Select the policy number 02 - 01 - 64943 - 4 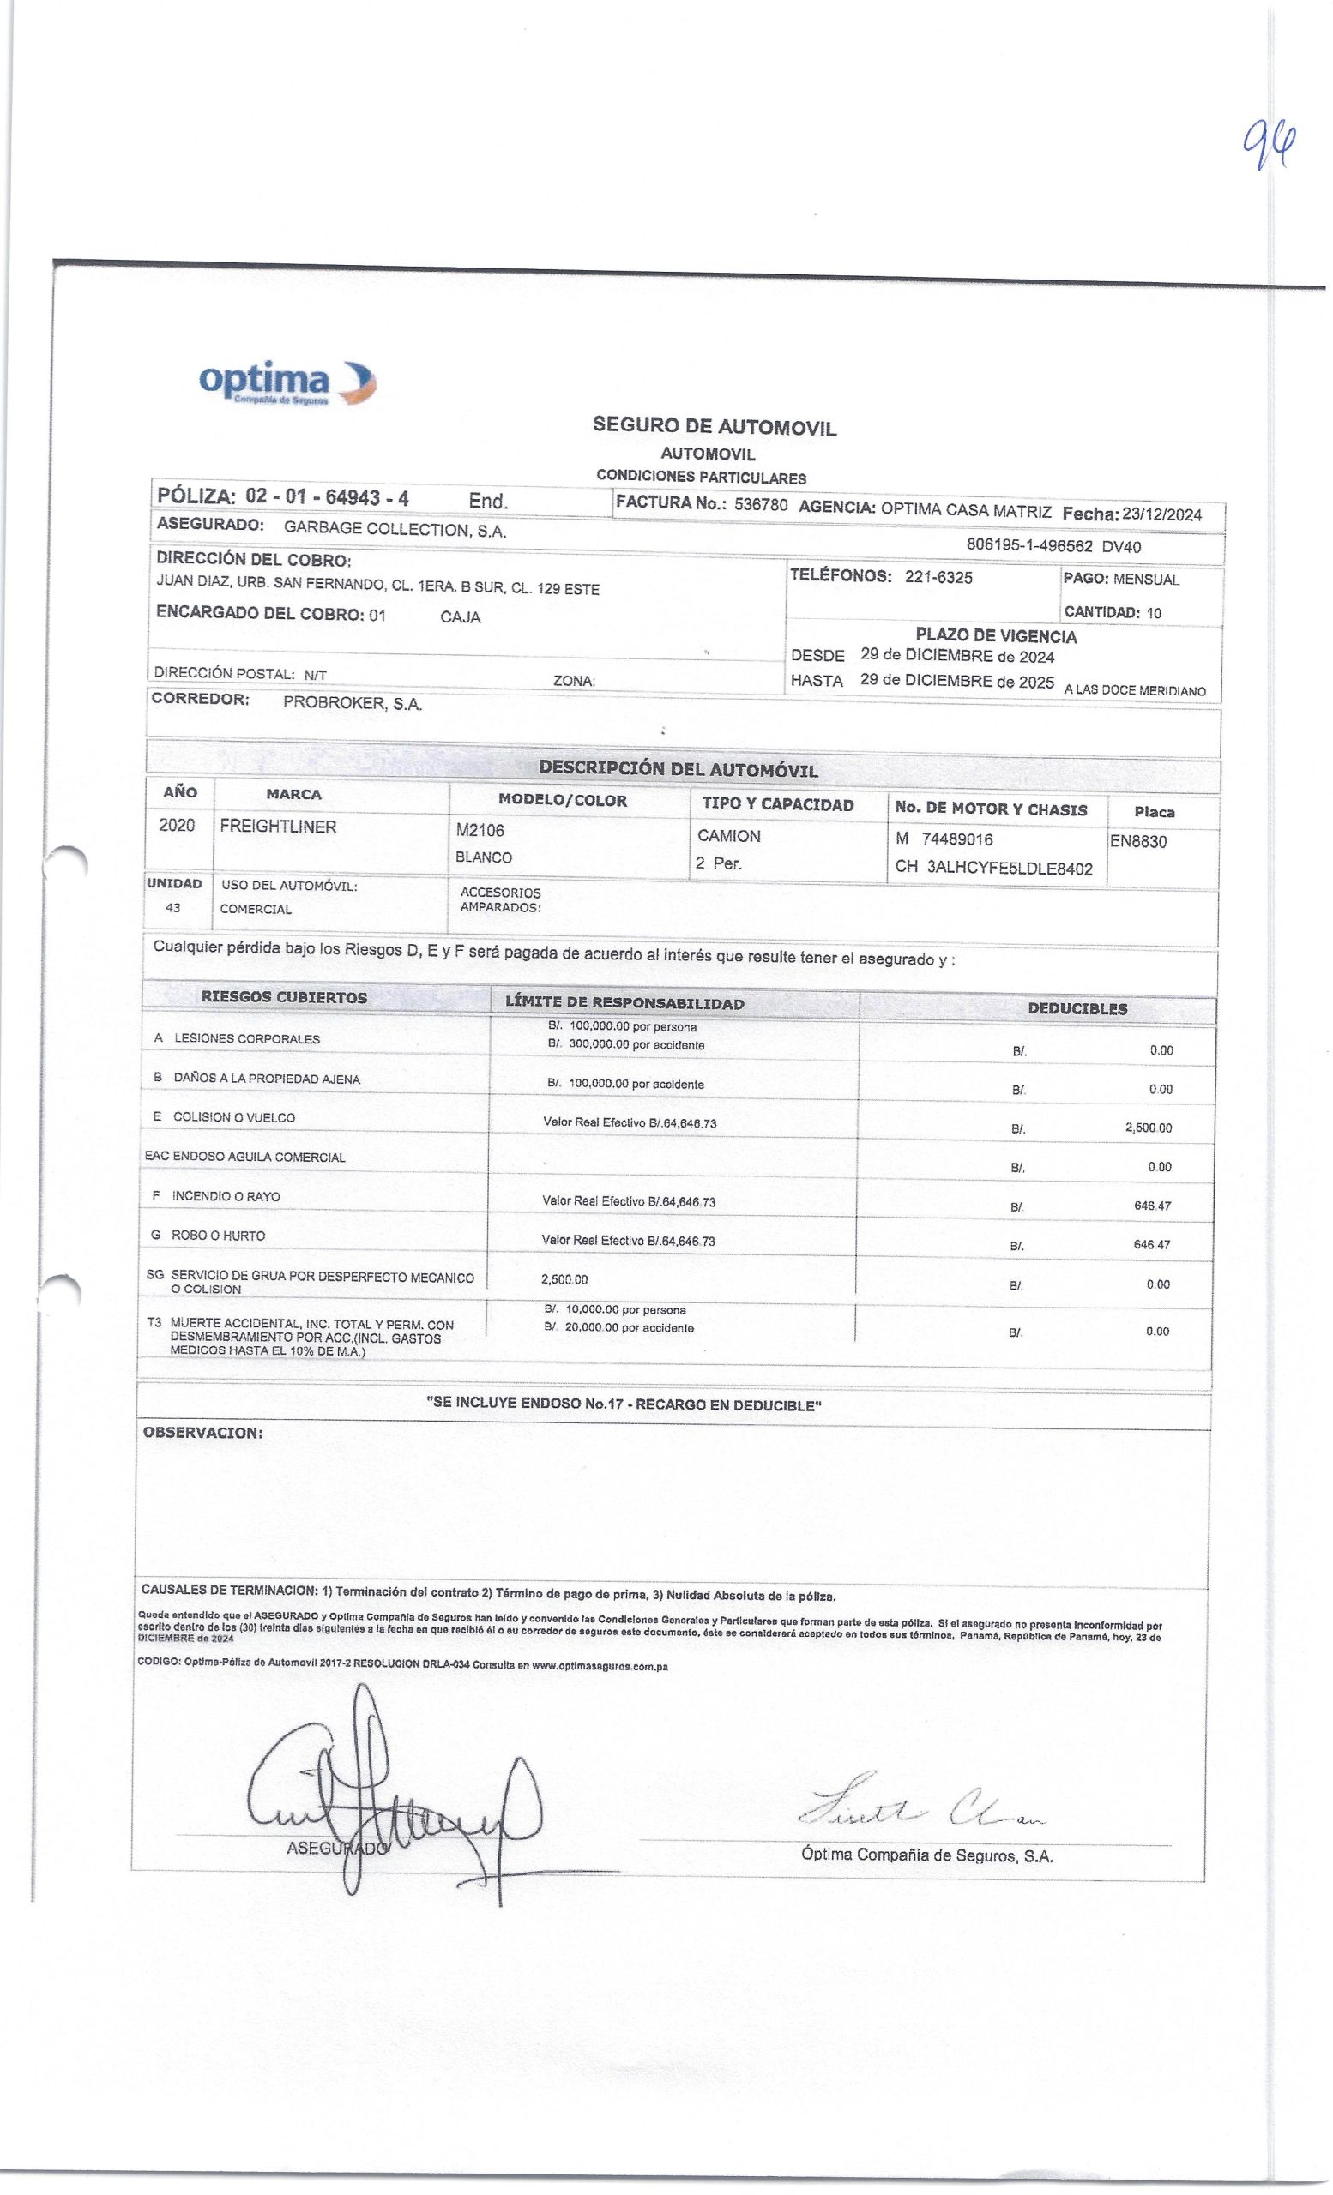(326, 497)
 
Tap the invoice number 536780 (760, 505)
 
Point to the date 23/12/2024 (1161, 514)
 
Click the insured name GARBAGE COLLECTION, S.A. (395, 529)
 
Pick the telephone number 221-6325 (938, 577)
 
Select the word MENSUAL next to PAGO (1146, 580)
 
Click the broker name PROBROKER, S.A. (353, 703)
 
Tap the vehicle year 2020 (177, 825)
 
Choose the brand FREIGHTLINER (278, 827)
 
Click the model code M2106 (480, 830)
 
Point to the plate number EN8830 (1138, 841)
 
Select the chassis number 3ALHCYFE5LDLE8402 (1010, 869)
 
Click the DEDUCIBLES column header (1077, 1008)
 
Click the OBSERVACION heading (202, 1434)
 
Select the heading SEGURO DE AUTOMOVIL (715, 427)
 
